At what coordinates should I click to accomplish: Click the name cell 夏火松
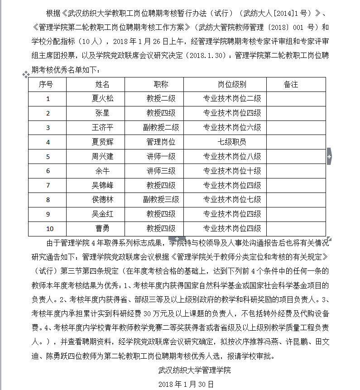[102, 98]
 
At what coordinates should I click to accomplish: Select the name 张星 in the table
[102, 113]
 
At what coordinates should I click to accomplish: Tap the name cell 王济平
[102, 127]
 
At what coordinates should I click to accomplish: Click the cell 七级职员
[232, 142]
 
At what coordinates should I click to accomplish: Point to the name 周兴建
[102, 156]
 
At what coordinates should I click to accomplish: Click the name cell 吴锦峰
[102, 185]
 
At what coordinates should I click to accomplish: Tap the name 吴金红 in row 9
[102, 214]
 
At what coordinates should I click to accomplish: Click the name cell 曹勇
[102, 229]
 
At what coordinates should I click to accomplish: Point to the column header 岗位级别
[232, 84]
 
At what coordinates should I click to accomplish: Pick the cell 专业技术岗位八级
[232, 156]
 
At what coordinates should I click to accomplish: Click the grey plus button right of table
[329, 156]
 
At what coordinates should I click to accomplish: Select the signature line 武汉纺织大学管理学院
[195, 370]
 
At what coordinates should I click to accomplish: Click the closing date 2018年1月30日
[186, 384]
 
